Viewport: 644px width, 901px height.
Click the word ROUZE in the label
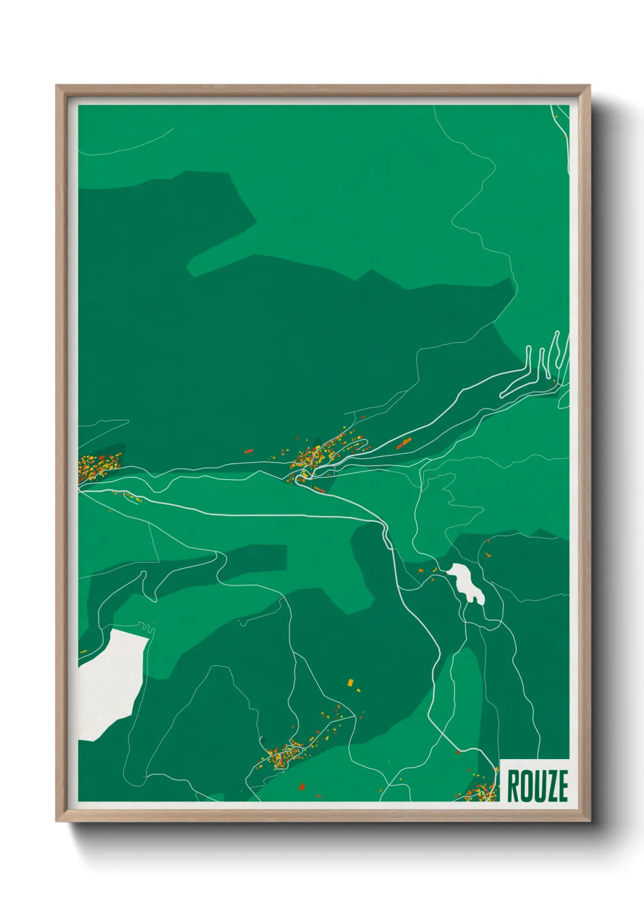pos(537,785)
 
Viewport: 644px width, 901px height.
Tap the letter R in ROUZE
pos(513,785)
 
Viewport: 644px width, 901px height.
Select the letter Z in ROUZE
pos(549,785)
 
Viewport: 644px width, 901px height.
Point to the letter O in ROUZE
pos(525,785)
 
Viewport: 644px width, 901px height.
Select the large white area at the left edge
pos(110,682)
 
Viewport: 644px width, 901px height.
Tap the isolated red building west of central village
pos(248,451)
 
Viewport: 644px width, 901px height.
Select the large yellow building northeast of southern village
pos(350,682)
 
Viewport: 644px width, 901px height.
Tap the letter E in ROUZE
pos(562,785)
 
